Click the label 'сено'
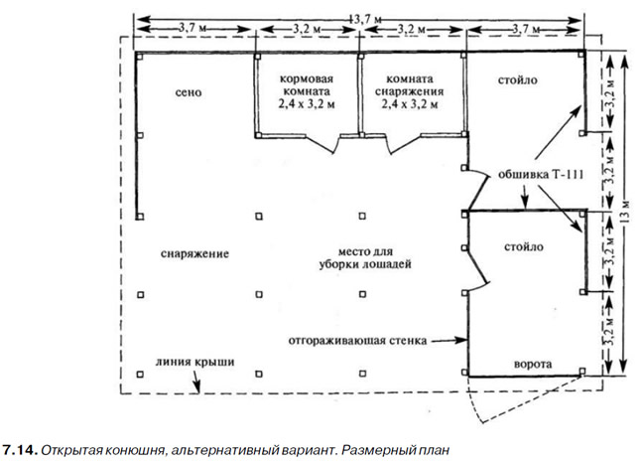[x=189, y=92]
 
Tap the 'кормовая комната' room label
[x=307, y=84]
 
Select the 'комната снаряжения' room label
[x=410, y=84]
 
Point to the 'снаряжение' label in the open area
[x=194, y=253]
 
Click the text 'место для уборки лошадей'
[x=365, y=258]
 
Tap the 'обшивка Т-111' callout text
[x=541, y=175]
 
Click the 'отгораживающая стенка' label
[x=357, y=341]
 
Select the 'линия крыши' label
[x=194, y=362]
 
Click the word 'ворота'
[x=533, y=364]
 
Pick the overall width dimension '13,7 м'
[x=365, y=19]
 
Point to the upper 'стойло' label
[x=518, y=79]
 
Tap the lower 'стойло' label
[x=524, y=246]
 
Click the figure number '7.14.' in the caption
[x=20, y=450]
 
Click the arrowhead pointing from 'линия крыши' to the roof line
[x=198, y=388]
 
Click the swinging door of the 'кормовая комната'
[x=321, y=145]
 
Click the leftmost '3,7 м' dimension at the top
[x=193, y=29]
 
